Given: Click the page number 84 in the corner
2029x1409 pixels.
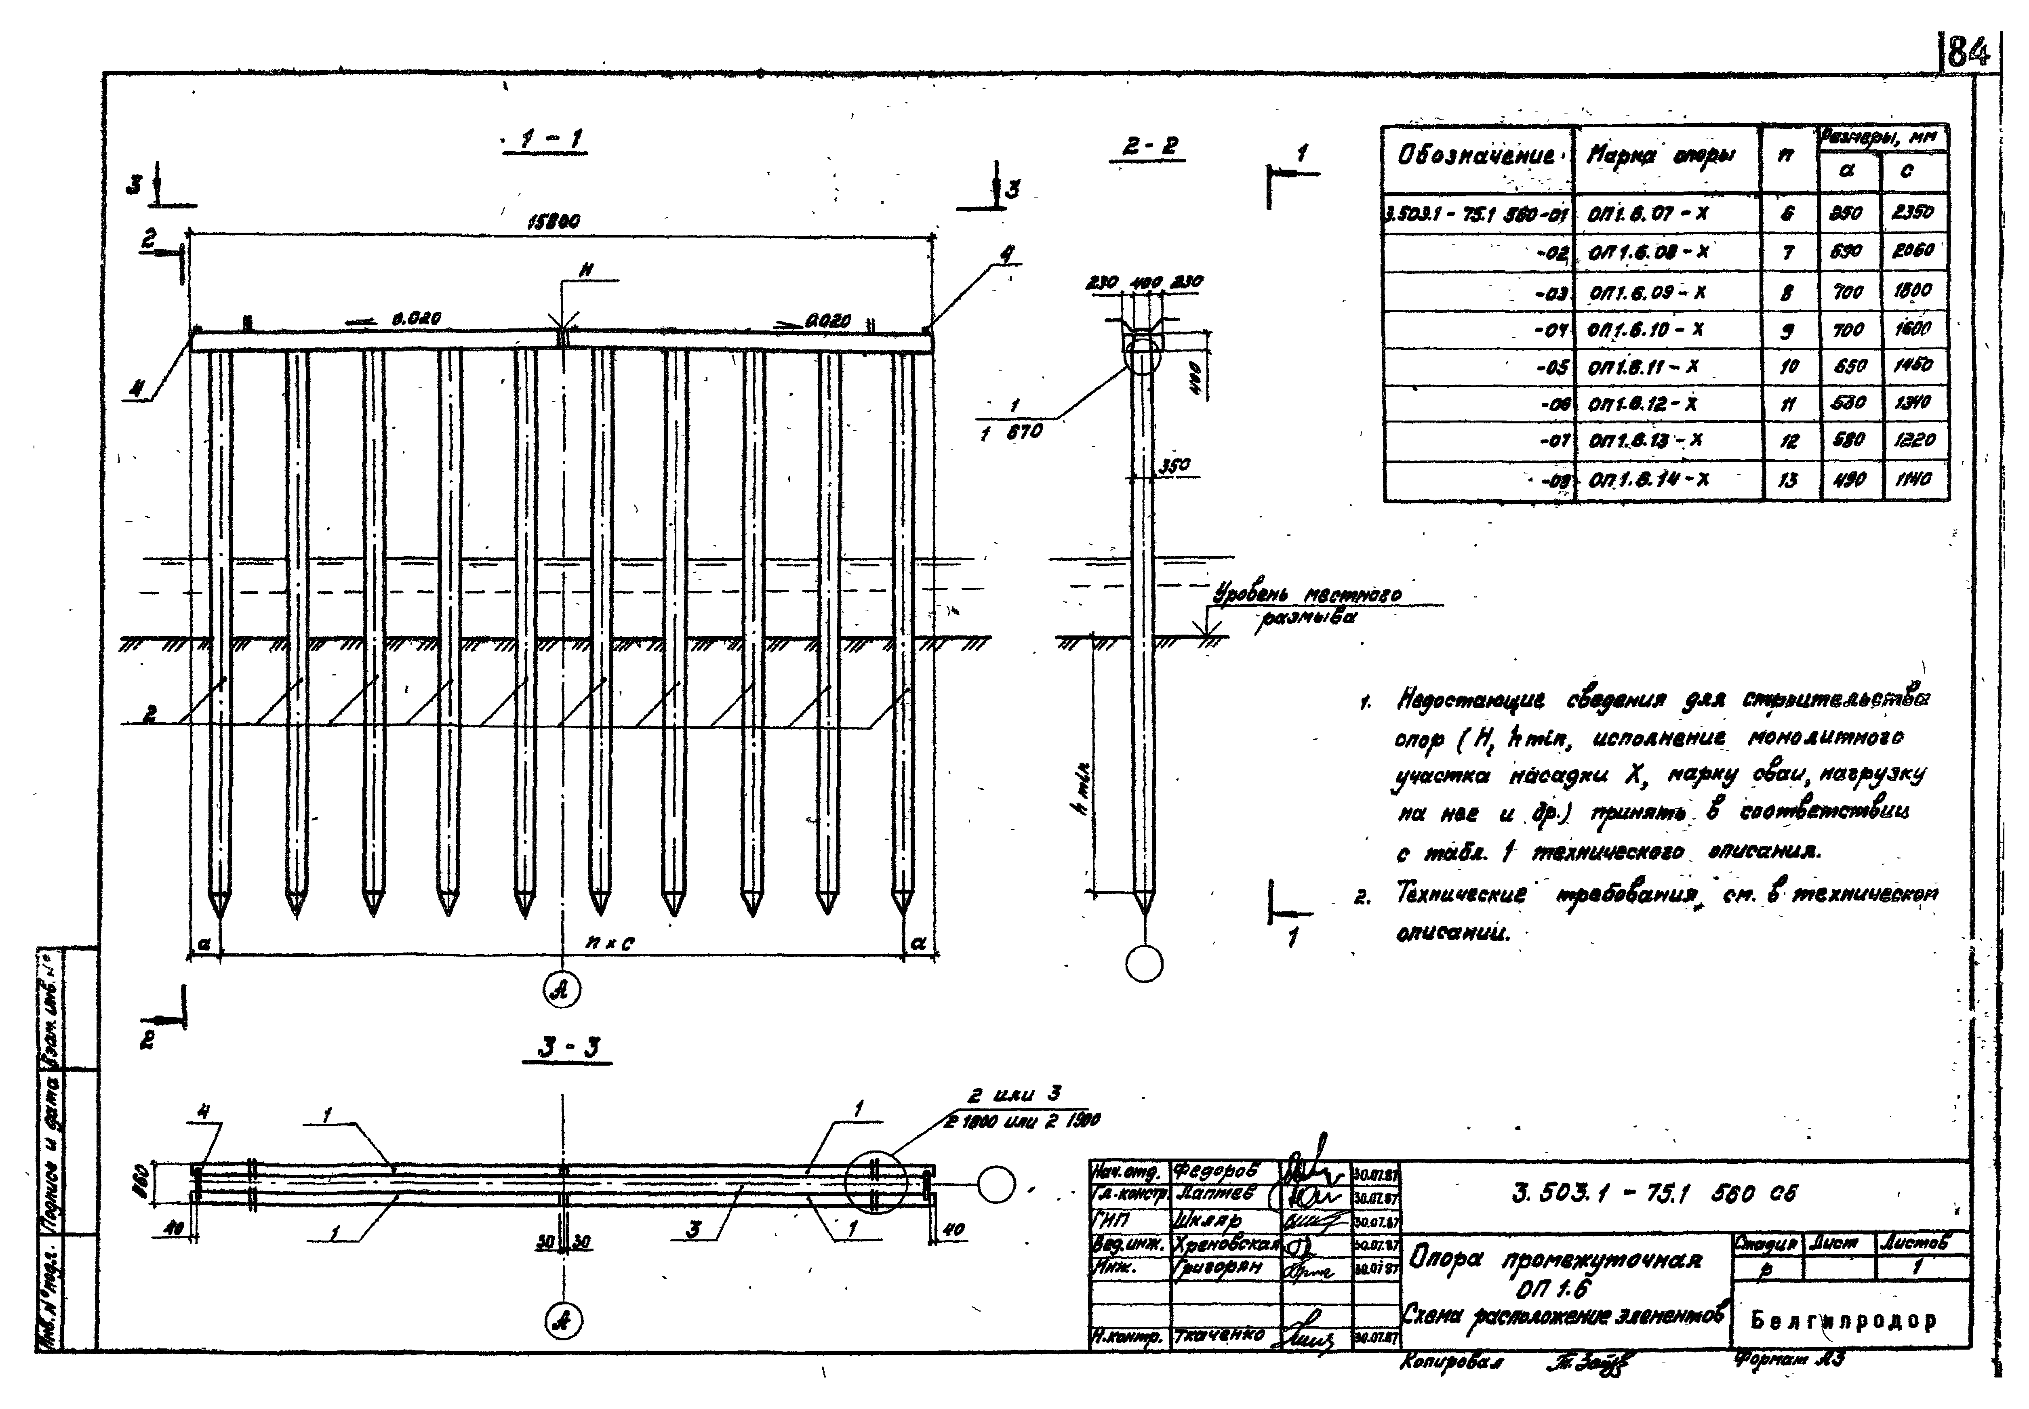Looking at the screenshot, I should [x=1967, y=53].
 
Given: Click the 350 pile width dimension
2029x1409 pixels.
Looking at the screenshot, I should [x=1174, y=465].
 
